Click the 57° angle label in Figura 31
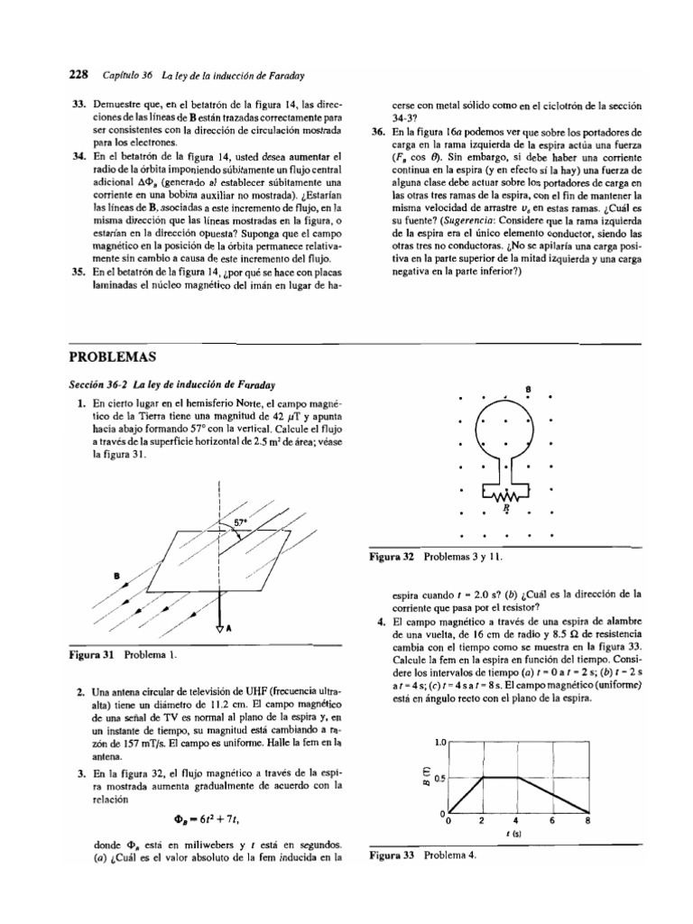point(241,522)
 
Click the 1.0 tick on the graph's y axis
point(440,743)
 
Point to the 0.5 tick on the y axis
point(439,778)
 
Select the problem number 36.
point(378,132)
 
